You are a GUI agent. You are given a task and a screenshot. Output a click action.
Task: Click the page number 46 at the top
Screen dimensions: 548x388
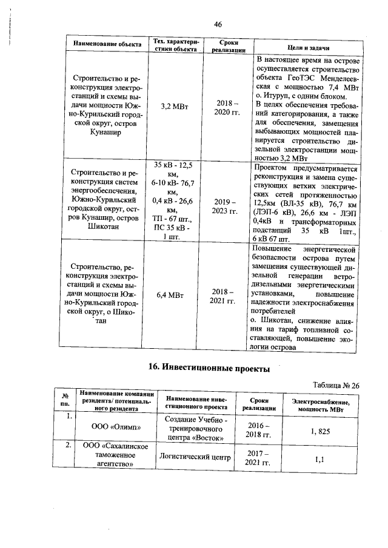click(x=218, y=24)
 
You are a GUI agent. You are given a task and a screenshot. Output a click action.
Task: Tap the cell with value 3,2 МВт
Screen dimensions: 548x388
click(x=175, y=107)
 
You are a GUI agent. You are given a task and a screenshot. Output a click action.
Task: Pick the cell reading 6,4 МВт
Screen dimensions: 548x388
click(x=175, y=295)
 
